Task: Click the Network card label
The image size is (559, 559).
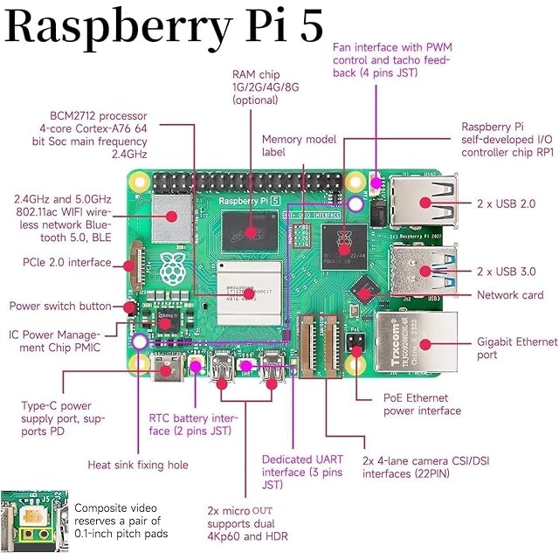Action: pyautogui.click(x=510, y=295)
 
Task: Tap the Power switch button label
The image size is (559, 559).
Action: pyautogui.click(x=60, y=307)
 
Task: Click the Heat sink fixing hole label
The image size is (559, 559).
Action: pyautogui.click(x=138, y=465)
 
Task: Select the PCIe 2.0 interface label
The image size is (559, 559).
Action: pyautogui.click(x=66, y=262)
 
